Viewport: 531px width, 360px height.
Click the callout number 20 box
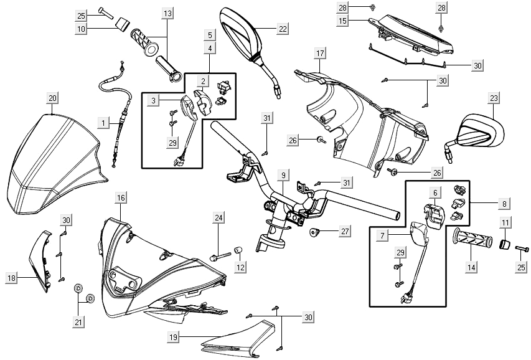(52, 98)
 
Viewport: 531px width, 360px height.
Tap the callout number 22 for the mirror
(283, 29)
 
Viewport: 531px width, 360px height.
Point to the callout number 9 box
(283, 176)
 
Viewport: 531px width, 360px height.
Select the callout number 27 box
(344, 231)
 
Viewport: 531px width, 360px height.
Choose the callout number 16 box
(121, 197)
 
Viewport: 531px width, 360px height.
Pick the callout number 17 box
(320, 53)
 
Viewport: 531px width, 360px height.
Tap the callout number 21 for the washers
(77, 322)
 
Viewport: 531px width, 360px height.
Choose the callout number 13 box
(167, 13)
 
